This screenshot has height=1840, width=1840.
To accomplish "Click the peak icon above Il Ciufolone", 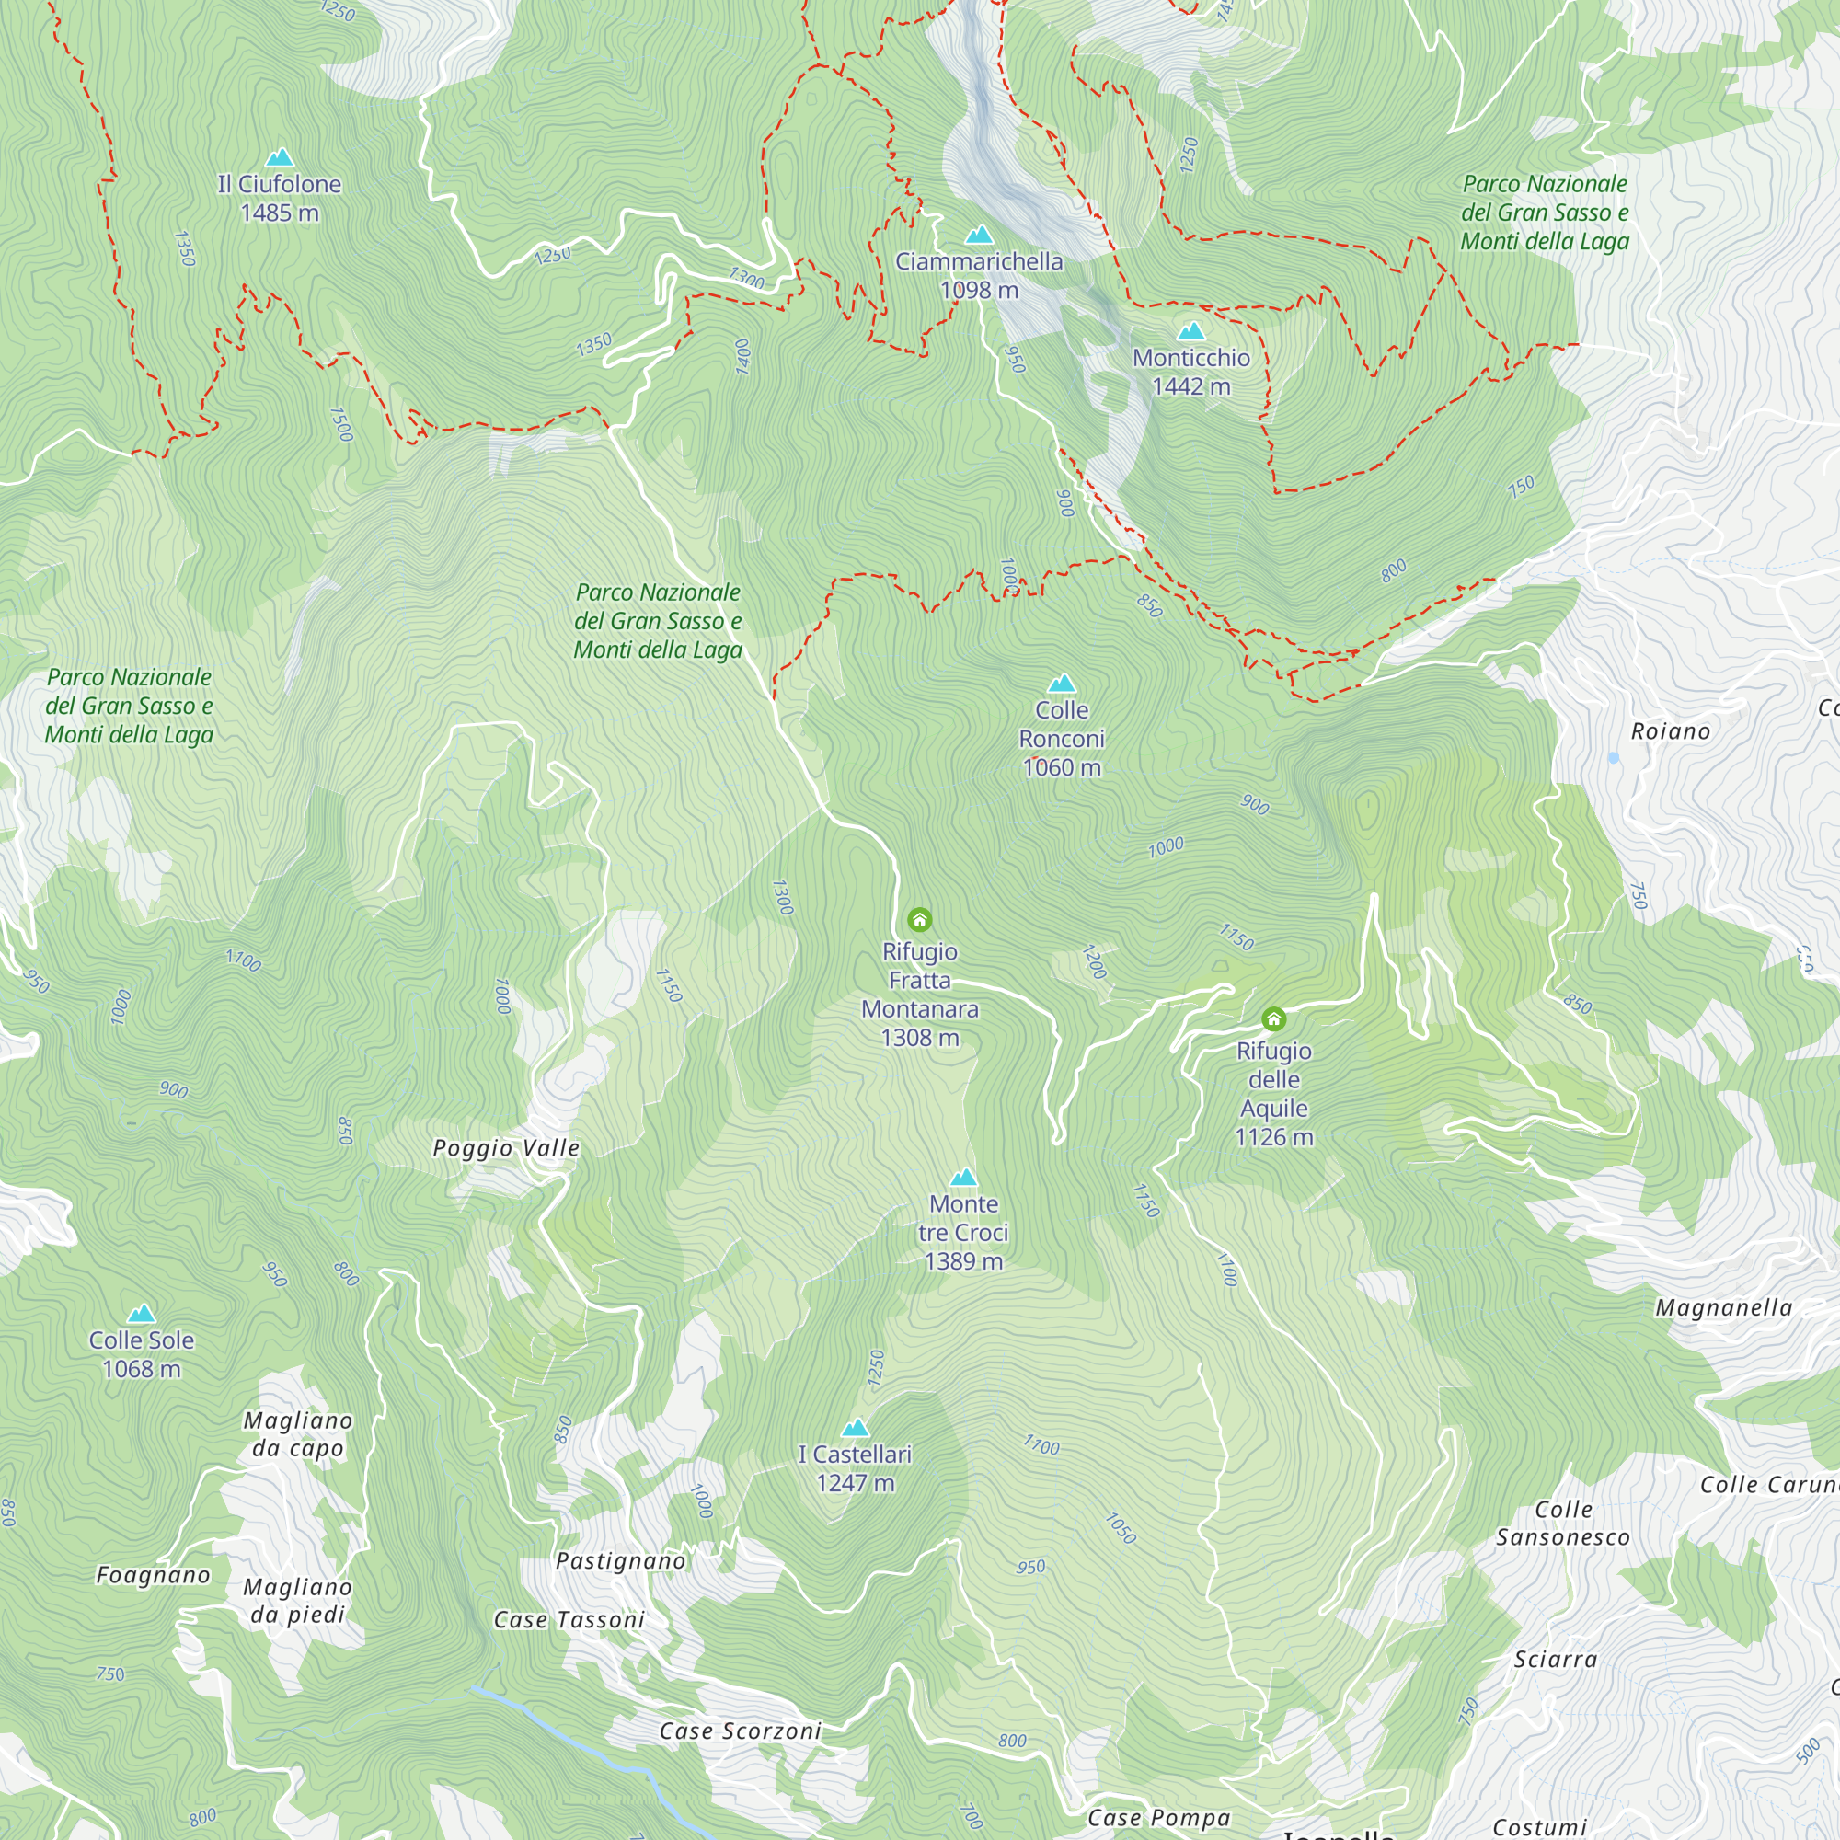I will coord(279,157).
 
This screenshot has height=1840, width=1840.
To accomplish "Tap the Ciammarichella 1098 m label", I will coord(979,275).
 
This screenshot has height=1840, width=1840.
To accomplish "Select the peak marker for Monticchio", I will coord(1191,331).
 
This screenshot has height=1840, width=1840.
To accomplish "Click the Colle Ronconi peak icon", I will coord(1062,684).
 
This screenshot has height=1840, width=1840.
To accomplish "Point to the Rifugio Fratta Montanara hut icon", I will coord(919,919).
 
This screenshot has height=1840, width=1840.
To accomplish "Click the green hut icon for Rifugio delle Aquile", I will coord(1273,1019).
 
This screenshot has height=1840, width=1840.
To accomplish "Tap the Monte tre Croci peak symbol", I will coord(964,1178).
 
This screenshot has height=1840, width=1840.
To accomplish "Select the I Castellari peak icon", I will coord(856,1428).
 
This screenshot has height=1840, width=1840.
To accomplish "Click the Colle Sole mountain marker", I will coord(141,1314).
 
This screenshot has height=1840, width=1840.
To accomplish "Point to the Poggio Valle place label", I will coord(506,1147).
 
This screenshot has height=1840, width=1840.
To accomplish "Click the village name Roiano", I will coord(1671,731).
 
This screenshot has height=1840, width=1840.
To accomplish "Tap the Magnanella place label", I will coord(1724,1307).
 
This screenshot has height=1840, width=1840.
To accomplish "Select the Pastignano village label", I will coord(621,1561).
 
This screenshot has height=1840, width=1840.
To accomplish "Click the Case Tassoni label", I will coord(569,1620).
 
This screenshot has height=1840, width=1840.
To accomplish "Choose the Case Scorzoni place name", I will coord(740,1731).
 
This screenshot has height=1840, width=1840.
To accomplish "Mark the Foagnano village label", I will coord(154,1575).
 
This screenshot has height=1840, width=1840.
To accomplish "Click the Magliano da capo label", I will coord(298,1434).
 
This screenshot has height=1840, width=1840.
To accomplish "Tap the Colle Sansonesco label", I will coord(1563,1523).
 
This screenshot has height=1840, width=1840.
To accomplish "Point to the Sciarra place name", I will coord(1555,1659).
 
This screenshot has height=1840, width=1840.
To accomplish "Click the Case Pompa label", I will coord(1159,1818).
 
